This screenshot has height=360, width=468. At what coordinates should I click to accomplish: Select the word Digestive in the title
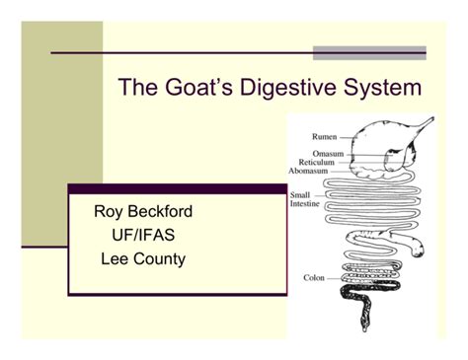pos(284,88)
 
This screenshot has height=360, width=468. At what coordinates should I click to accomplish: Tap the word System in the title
pos(380,88)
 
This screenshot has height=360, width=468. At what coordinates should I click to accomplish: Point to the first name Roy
pos(110,211)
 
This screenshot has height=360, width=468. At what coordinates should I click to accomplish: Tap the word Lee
pos(117,259)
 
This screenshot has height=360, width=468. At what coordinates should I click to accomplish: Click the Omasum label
pos(328,154)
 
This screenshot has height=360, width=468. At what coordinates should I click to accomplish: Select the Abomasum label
pos(310,171)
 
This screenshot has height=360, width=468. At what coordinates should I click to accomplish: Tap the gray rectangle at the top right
pos(369,52)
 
